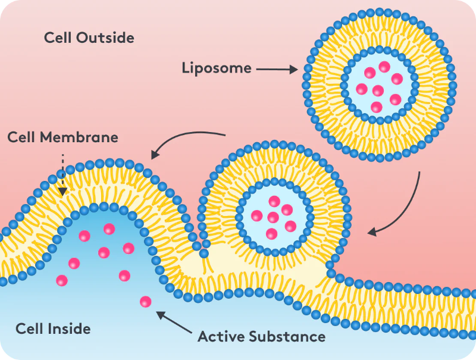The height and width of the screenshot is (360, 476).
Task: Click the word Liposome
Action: tap(216, 68)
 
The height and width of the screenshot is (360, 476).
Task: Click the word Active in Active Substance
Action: tap(220, 337)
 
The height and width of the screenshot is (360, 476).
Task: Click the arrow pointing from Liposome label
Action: tap(277, 70)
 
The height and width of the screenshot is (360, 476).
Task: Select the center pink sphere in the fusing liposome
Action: tap(273, 217)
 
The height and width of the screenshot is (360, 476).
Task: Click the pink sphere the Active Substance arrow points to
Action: tap(145, 302)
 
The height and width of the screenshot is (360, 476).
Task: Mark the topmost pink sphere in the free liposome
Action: tap(384, 66)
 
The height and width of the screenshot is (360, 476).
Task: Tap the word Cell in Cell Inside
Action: tap(29, 328)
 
